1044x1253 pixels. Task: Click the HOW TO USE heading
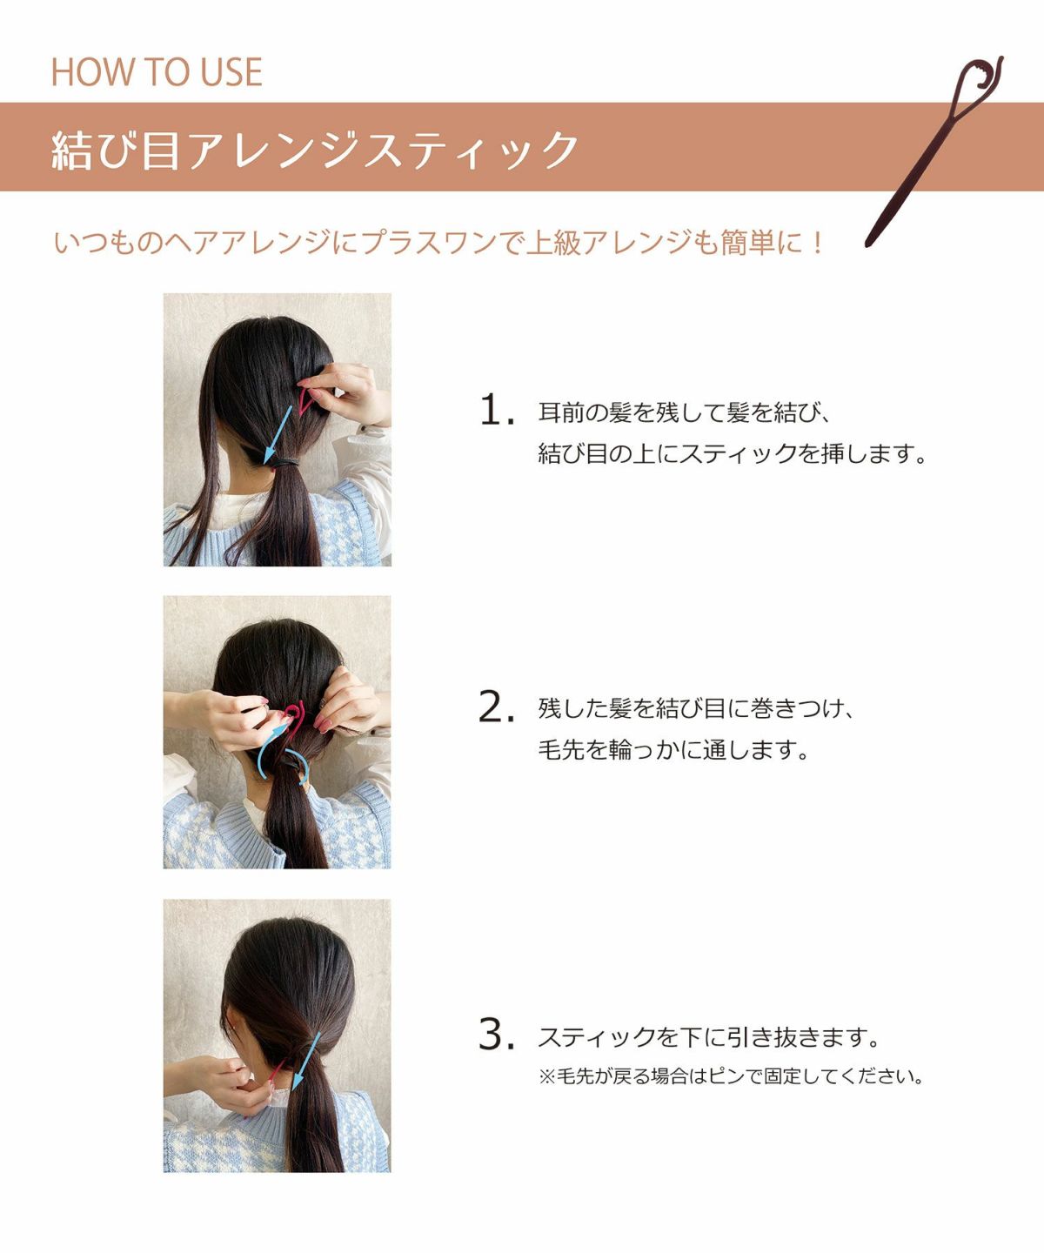[157, 72]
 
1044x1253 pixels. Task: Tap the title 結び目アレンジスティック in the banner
[315, 150]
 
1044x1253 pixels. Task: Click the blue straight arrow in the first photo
[278, 433]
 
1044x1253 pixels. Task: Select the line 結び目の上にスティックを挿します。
[733, 453]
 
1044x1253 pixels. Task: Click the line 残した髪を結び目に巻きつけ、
[697, 708]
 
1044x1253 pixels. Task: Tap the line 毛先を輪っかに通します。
[674, 749]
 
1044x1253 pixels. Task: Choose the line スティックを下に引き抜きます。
[709, 1037]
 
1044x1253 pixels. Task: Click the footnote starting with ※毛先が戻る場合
[731, 1076]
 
